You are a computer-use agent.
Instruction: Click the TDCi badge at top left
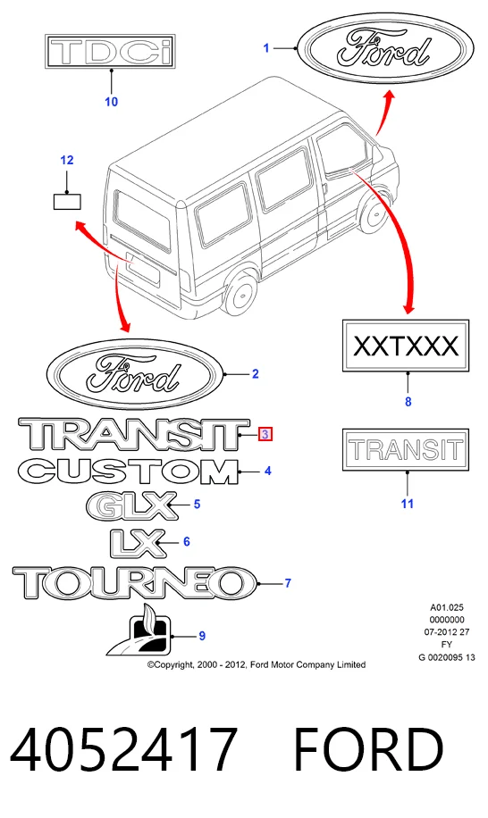pyautogui.click(x=110, y=52)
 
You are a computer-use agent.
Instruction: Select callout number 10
pyautogui.click(x=111, y=102)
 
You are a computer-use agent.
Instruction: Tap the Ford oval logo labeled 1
pyautogui.click(x=385, y=48)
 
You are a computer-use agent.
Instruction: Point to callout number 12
pyautogui.click(x=67, y=160)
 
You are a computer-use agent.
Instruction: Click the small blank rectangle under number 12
pyautogui.click(x=67, y=201)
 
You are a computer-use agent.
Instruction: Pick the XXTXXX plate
pyautogui.click(x=406, y=346)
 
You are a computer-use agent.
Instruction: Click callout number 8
pyautogui.click(x=408, y=402)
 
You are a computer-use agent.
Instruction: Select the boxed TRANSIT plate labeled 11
pyautogui.click(x=406, y=450)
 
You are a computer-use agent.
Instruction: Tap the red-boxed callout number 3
pyautogui.click(x=265, y=433)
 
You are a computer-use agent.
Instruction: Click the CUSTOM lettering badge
pyautogui.click(x=129, y=472)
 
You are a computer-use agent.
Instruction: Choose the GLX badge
pyautogui.click(x=132, y=505)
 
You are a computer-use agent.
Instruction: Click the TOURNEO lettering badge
pyautogui.click(x=135, y=583)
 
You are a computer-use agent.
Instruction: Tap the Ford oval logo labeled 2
pyautogui.click(x=135, y=374)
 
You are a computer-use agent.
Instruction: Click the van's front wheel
pyautogui.click(x=375, y=211)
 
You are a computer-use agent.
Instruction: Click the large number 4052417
pyautogui.click(x=123, y=749)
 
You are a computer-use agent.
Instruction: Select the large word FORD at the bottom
pyautogui.click(x=368, y=749)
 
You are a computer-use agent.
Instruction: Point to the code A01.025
pyautogui.click(x=447, y=607)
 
